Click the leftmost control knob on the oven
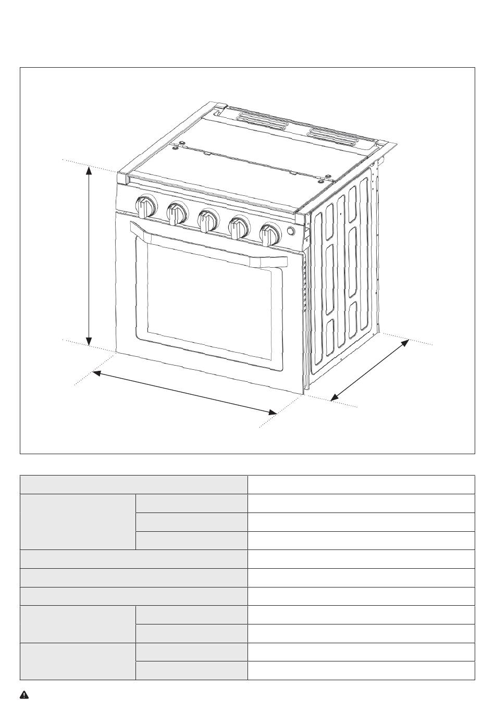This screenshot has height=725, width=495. click(x=145, y=206)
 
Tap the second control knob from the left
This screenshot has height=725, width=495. click(x=177, y=213)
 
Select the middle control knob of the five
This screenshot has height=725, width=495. click(x=208, y=220)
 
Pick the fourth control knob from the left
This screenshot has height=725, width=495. click(x=239, y=227)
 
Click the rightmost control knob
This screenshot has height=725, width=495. click(x=270, y=234)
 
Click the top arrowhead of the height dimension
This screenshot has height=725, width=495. click(x=90, y=170)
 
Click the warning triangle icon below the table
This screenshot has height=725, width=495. click(x=24, y=695)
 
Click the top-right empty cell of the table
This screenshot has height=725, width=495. click(x=361, y=484)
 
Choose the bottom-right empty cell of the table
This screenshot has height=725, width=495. click(x=361, y=671)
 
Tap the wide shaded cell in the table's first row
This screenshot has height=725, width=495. click(x=133, y=484)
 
